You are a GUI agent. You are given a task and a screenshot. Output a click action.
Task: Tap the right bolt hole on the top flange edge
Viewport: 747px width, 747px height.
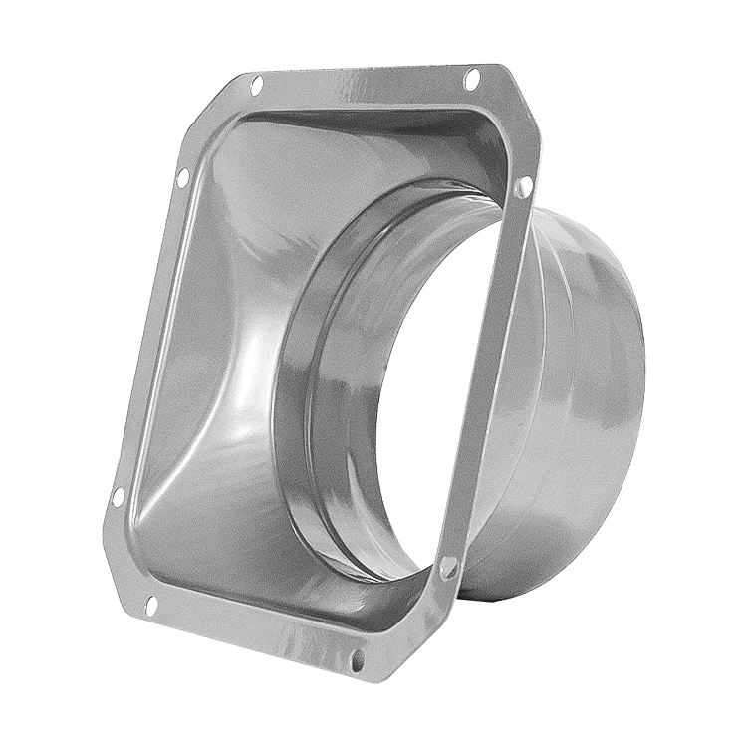[x=471, y=77]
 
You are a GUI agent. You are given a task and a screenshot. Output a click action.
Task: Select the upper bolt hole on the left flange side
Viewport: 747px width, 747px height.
[x=182, y=178]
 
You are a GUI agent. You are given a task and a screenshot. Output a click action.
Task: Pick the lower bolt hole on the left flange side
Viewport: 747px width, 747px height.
[x=118, y=494]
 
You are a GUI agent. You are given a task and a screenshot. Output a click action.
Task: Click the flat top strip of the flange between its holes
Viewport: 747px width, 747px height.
[x=364, y=86]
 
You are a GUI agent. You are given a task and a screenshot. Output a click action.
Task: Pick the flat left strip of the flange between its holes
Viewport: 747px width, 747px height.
[x=149, y=339]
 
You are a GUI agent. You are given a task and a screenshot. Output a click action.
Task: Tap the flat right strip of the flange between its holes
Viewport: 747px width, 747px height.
[x=488, y=378]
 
